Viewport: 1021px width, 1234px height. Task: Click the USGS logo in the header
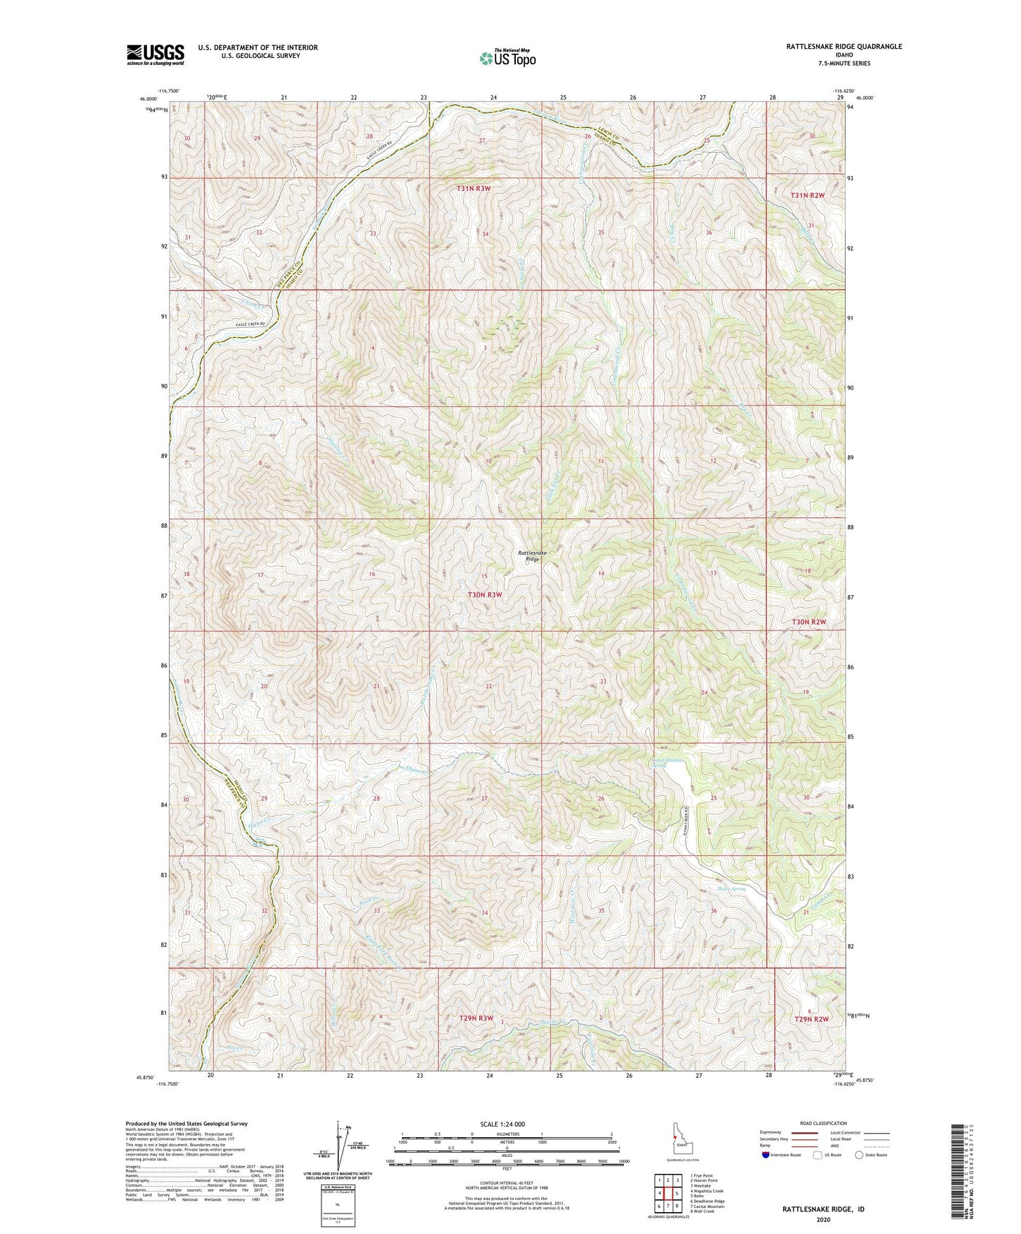155,54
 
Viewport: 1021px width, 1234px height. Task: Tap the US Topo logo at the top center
507,58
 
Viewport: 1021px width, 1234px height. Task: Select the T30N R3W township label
484,595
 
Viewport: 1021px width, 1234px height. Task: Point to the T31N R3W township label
473,189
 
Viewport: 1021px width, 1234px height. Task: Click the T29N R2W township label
810,1019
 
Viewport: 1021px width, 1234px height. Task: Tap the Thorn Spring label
732,889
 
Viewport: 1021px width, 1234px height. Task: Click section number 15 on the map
484,576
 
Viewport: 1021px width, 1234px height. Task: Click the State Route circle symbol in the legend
859,1155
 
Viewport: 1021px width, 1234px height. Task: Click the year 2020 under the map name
822,1218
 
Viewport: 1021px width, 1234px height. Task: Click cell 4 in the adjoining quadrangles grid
659,1192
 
